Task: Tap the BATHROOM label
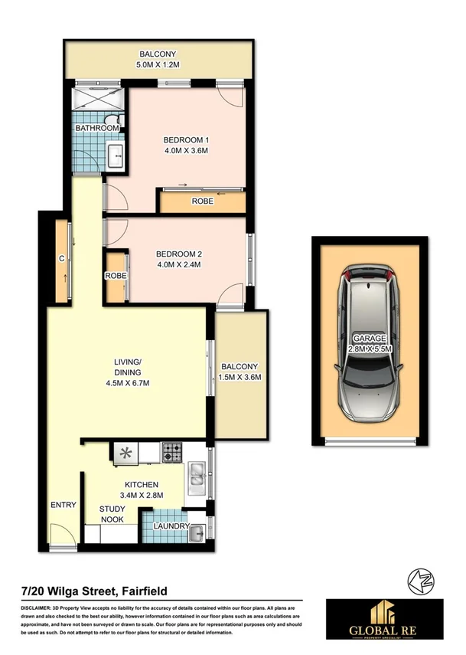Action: pos(102,128)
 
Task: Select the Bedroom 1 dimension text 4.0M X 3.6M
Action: pos(186,151)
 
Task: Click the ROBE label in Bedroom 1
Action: pos(202,203)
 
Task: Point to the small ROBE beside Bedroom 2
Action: pos(116,276)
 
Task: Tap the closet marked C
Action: pos(60,259)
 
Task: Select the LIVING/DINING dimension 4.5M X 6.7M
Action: pos(128,383)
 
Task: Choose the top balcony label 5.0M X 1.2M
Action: pos(158,64)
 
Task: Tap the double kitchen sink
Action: pos(197,477)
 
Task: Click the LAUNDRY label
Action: pos(171,527)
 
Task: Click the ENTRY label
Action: pos(63,505)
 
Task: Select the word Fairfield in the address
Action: pos(142,591)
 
